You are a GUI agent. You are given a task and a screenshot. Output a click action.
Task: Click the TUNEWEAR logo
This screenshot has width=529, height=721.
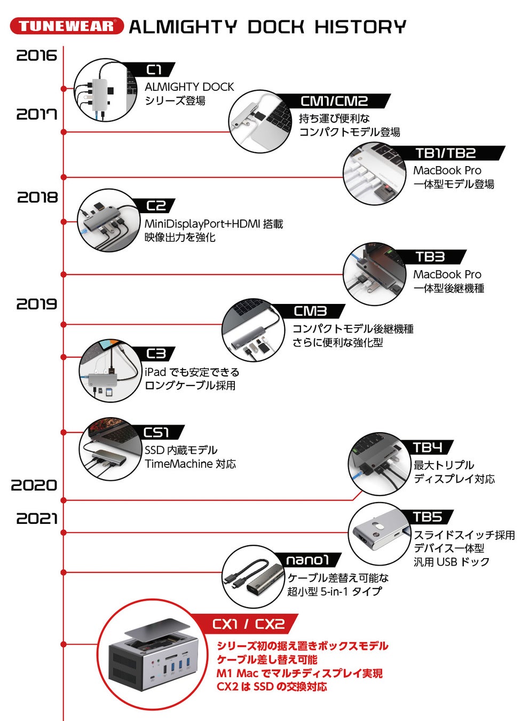point(67,26)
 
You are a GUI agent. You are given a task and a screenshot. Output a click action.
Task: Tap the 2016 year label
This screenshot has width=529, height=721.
point(36,56)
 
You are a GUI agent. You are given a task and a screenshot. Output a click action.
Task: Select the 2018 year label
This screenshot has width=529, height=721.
point(37,197)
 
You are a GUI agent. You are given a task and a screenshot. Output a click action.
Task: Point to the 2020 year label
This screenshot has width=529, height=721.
point(34,485)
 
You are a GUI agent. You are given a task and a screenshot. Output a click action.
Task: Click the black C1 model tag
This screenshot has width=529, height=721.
point(154,70)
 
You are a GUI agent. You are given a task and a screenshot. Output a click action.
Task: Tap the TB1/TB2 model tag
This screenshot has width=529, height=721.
point(446,153)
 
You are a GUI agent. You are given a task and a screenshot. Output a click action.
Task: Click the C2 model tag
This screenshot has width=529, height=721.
point(156,206)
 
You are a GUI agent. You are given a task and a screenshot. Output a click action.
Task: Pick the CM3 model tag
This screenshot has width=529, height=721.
point(310,311)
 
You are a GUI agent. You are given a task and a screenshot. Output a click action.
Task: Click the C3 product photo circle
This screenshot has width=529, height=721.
point(110,370)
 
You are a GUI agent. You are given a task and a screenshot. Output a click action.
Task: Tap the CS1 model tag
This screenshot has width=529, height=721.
point(156,432)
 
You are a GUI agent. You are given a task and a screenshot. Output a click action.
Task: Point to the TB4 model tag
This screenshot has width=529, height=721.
point(428,448)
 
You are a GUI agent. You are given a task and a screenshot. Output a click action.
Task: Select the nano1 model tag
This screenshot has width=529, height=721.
point(307,560)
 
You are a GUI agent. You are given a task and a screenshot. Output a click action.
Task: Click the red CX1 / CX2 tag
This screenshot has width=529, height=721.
point(248,624)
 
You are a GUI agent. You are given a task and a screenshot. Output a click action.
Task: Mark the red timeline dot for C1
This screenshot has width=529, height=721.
point(64,89)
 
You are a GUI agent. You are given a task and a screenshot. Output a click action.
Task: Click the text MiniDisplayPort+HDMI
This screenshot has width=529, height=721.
point(202,224)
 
